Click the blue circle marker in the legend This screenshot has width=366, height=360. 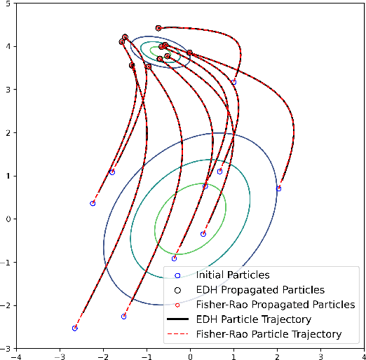click(177, 275)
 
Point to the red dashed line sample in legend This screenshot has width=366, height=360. click(177, 334)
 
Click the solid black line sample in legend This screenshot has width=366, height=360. click(177, 319)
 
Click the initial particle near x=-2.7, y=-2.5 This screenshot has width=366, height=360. click(75, 328)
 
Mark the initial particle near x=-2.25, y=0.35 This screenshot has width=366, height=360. click(93, 204)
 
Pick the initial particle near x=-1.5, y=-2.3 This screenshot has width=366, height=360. click(123, 317)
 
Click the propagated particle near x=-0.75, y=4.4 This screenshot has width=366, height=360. click(158, 28)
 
